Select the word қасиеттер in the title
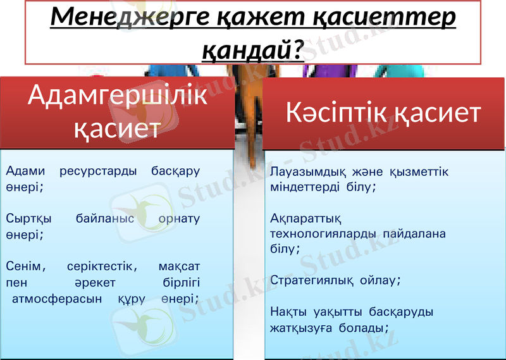[379, 18]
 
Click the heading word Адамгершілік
[118, 96]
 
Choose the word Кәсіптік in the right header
[335, 114]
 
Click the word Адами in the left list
[25, 171]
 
